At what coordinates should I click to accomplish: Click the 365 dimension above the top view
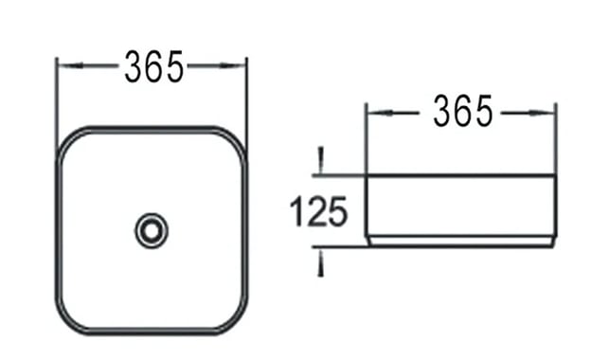pos(153,67)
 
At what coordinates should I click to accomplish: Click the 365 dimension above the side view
pos(463,111)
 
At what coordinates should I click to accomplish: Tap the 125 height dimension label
pos(318,211)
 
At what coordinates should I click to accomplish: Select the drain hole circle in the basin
pos(152,230)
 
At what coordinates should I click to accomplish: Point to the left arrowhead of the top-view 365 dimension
pos(70,65)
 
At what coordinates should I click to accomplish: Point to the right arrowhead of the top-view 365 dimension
pos(233,65)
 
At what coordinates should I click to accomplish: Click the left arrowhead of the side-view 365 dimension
pos(379,113)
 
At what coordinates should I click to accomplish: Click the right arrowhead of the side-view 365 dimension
pos(542,113)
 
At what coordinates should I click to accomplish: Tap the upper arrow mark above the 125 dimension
pos(321,160)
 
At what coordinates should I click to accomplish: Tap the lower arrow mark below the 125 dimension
pos(321,263)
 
